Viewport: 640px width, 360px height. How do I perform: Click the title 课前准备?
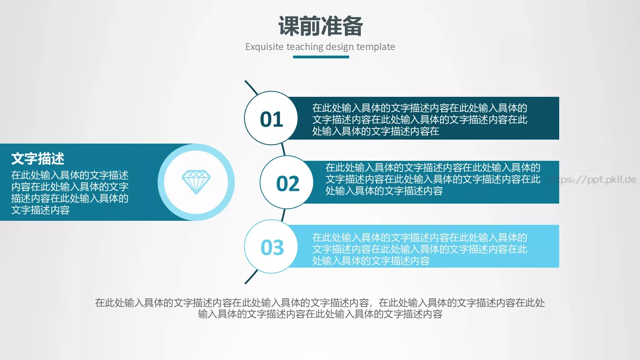320,26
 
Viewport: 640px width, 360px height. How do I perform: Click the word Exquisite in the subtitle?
264,47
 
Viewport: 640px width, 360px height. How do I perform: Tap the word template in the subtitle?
376,47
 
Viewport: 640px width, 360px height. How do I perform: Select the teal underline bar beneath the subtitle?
321,57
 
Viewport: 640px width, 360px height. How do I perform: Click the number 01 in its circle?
271,119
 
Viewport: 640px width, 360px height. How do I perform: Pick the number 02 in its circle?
288,184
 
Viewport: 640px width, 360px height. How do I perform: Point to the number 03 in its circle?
272,248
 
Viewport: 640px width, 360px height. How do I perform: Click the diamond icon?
196,182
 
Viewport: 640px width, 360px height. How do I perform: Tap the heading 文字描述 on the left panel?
38,159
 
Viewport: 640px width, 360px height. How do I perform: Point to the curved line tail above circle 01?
251,87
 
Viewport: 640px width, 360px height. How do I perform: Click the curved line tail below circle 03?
251,277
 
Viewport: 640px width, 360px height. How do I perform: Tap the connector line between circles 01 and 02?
283,149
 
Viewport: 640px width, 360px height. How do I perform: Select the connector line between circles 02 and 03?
284,215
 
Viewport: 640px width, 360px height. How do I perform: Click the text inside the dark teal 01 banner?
419,119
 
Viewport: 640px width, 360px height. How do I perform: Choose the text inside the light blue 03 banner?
419,249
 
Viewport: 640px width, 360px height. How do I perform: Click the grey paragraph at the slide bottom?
320,308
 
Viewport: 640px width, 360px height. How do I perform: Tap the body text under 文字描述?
70,192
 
